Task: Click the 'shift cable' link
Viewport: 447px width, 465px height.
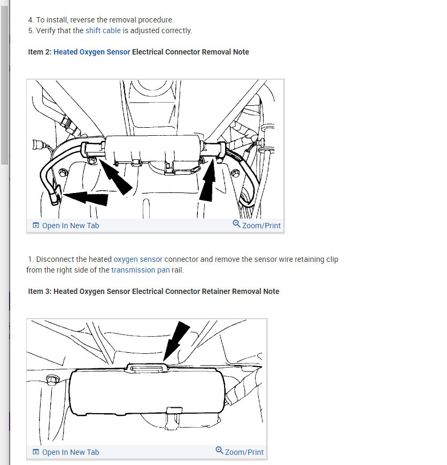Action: click(x=103, y=30)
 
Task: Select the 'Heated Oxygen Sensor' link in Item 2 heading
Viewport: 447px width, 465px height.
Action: click(x=91, y=52)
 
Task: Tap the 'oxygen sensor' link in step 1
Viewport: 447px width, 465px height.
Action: click(x=138, y=259)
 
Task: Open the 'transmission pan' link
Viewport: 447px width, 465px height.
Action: click(x=140, y=270)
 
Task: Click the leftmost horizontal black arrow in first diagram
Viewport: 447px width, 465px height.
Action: click(x=86, y=198)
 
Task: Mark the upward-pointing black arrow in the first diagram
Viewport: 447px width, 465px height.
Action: click(x=208, y=180)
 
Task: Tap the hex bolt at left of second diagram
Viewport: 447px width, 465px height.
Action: click(x=52, y=379)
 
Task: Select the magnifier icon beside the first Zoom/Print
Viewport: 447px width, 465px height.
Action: click(x=236, y=223)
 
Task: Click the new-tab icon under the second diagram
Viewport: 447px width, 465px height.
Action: click(x=36, y=452)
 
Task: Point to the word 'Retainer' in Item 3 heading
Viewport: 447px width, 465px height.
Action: click(x=216, y=291)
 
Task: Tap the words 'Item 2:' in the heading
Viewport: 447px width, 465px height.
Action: click(x=40, y=52)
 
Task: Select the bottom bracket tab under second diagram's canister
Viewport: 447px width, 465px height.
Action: click(x=174, y=410)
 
